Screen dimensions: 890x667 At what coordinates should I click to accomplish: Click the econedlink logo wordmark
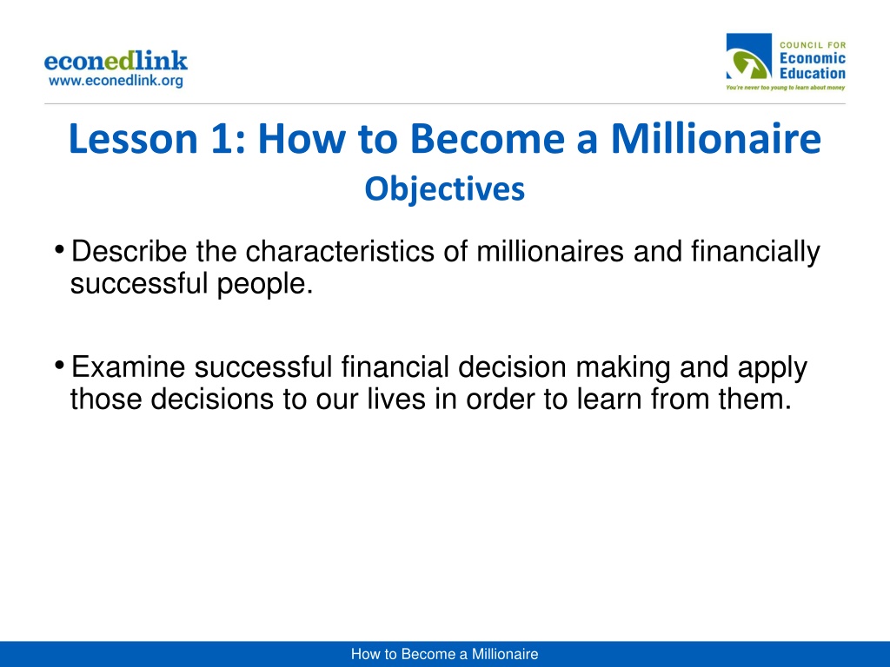coord(116,61)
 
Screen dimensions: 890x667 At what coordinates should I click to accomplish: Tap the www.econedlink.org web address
coord(116,81)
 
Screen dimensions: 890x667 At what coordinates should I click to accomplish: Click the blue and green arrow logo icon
coord(748,56)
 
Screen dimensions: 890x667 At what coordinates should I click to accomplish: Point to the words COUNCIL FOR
coord(813,45)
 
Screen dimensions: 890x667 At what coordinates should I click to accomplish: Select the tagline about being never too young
coord(786,88)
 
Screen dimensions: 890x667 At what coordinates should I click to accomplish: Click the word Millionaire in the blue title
coord(716,138)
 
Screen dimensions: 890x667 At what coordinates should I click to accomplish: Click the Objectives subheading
coord(444,189)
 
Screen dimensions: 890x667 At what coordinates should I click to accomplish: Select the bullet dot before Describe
coord(59,249)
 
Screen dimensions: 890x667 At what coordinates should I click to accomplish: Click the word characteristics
coord(340,251)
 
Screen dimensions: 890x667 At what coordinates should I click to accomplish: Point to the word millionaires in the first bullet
coord(550,251)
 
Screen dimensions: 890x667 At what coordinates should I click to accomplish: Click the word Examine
coord(129,367)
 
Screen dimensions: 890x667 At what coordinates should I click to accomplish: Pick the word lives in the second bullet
coord(396,398)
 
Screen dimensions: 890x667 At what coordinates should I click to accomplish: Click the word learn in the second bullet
coord(609,398)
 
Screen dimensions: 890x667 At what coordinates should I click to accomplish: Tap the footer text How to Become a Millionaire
coord(444,654)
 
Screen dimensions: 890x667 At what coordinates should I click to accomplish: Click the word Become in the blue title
coord(487,138)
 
